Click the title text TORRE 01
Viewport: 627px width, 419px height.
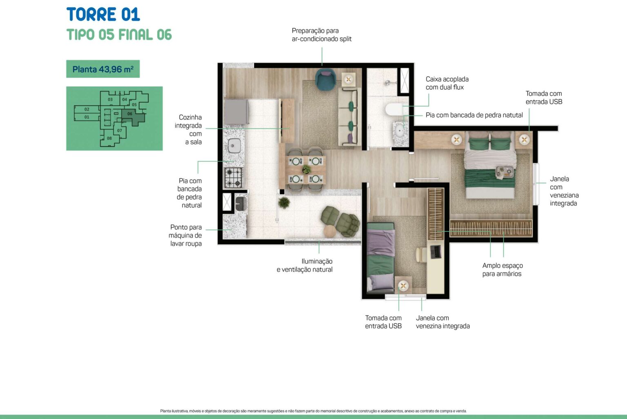click(x=103, y=14)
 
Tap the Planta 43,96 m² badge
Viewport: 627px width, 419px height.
click(x=103, y=69)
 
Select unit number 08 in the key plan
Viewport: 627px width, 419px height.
click(x=109, y=138)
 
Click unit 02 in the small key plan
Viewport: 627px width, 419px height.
click(x=87, y=109)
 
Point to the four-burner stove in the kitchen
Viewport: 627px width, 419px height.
click(x=233, y=177)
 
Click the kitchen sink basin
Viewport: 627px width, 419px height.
click(x=234, y=146)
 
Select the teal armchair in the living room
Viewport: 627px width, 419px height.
click(x=325, y=79)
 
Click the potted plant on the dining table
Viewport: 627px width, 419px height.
click(x=306, y=169)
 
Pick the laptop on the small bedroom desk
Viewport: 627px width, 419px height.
click(x=436, y=252)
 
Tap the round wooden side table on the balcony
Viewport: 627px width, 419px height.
click(x=330, y=231)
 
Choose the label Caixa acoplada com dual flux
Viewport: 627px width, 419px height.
click(x=447, y=83)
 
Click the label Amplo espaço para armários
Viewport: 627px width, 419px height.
click(x=502, y=269)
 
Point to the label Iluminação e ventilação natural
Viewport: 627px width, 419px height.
click(x=305, y=265)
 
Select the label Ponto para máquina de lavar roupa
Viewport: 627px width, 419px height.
click(x=185, y=235)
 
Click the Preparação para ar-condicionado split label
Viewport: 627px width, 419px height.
click(x=321, y=35)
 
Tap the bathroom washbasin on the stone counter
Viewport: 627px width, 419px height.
click(x=400, y=130)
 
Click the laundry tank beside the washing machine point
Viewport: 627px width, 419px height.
click(x=241, y=203)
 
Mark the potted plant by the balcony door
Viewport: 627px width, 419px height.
click(x=284, y=202)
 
